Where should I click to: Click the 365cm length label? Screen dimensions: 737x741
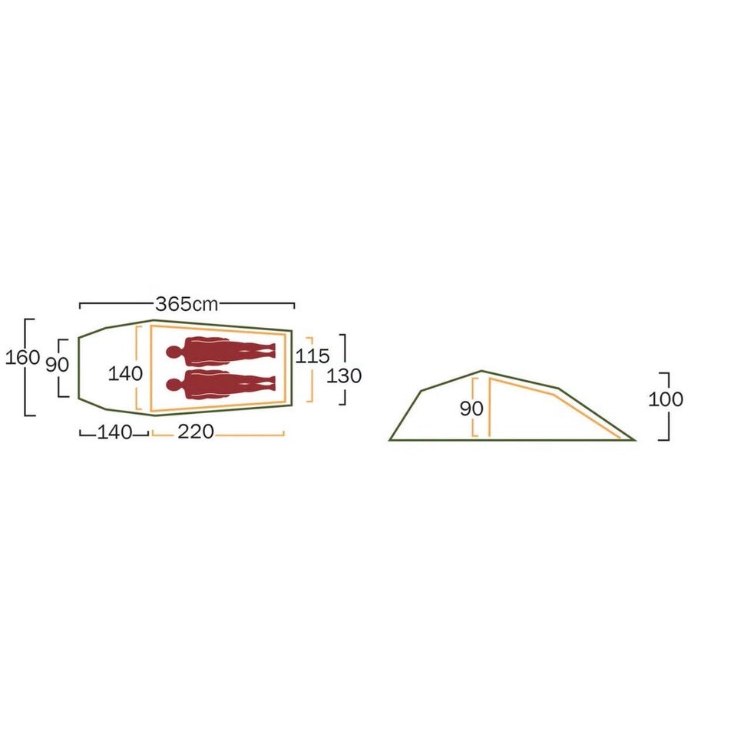pyautogui.click(x=187, y=304)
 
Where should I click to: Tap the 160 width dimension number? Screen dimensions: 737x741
pyautogui.click(x=22, y=357)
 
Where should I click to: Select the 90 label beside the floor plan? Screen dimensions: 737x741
pyautogui.click(x=57, y=364)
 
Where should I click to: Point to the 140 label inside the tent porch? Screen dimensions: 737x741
pyautogui.click(x=125, y=373)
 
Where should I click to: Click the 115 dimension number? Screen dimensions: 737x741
pyautogui.click(x=312, y=356)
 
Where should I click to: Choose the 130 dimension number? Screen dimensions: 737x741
pyautogui.click(x=344, y=375)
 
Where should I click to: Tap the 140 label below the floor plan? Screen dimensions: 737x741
pyautogui.click(x=114, y=432)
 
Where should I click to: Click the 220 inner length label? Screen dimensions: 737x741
pyautogui.click(x=196, y=432)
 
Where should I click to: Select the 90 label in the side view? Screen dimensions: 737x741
pyautogui.click(x=471, y=409)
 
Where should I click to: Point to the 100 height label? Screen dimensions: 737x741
pyautogui.click(x=665, y=399)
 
